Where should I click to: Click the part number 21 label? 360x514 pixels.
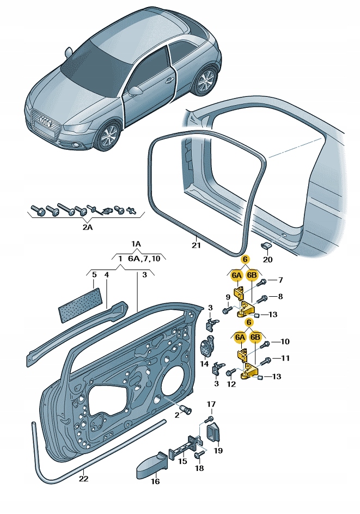point(196,246)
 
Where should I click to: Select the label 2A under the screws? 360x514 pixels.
point(87,227)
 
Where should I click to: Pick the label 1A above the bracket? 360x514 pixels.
point(135,243)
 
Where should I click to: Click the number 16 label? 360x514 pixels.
point(155,481)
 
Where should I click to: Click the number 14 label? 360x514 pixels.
point(204,364)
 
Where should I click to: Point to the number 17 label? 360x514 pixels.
point(210,403)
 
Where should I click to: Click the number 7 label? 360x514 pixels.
point(280,280)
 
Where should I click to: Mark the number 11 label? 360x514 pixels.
point(285,358)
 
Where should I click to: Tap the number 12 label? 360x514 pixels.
point(231,384)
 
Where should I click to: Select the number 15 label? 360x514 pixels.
point(182,461)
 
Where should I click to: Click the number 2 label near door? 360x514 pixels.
point(176,415)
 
